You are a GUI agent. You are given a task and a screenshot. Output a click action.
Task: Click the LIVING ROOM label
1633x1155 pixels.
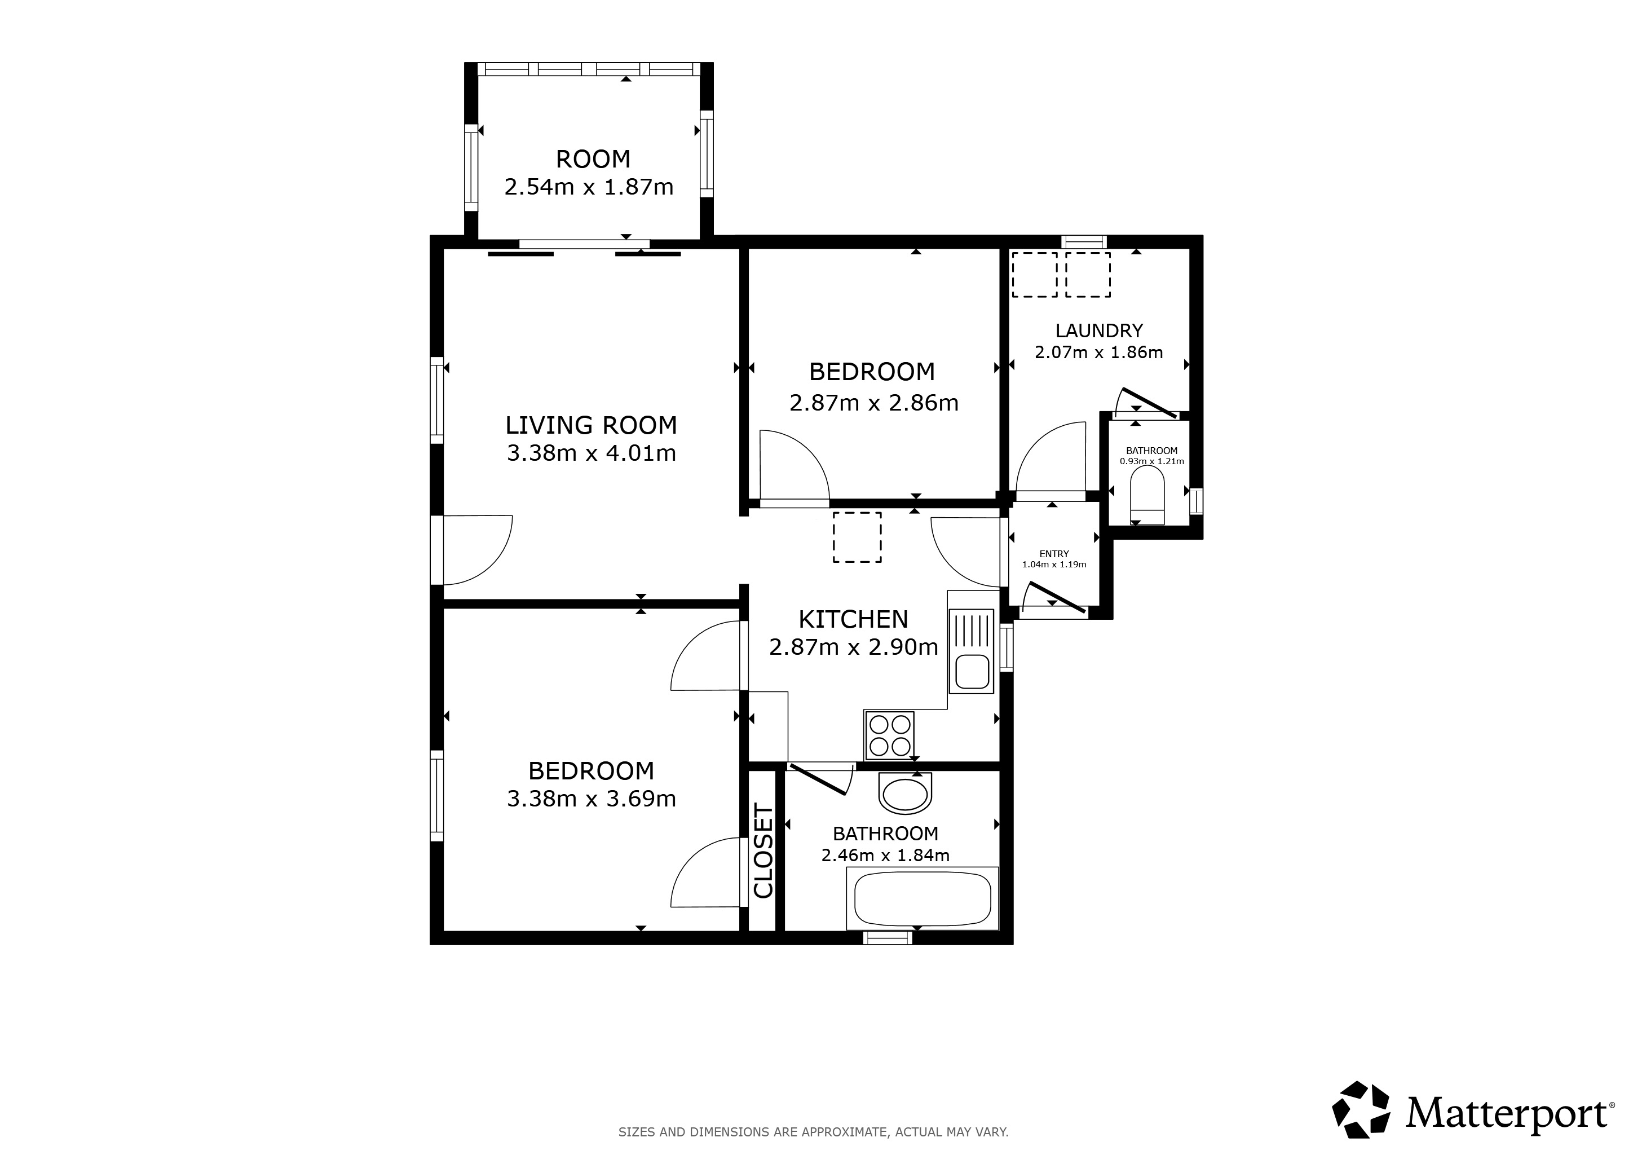(591, 425)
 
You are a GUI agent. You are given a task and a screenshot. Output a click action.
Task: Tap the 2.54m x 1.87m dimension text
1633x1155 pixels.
(589, 187)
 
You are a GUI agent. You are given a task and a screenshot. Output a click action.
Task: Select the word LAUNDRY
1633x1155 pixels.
(1099, 330)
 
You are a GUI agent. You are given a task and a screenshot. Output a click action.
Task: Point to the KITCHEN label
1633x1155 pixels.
(854, 619)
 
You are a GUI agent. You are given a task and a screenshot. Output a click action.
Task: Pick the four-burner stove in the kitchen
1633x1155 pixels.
(890, 735)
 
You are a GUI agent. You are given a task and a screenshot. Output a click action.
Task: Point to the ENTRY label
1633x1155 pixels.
(1054, 554)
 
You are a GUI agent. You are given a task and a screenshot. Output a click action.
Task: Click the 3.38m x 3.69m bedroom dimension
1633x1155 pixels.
(591, 799)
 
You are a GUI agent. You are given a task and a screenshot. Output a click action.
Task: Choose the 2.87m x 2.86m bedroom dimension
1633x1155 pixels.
(874, 403)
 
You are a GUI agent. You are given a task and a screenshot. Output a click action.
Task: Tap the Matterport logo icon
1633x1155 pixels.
(1361, 1110)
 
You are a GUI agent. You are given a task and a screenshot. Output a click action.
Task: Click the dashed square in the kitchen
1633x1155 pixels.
(857, 537)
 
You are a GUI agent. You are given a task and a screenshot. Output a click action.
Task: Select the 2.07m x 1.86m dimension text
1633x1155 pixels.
(1099, 352)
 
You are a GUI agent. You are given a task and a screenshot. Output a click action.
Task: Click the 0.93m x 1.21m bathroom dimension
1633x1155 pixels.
(1152, 461)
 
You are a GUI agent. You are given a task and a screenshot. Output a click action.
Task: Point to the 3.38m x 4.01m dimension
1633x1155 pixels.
(591, 453)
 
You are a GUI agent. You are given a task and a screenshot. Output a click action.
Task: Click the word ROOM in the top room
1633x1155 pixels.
(593, 159)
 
